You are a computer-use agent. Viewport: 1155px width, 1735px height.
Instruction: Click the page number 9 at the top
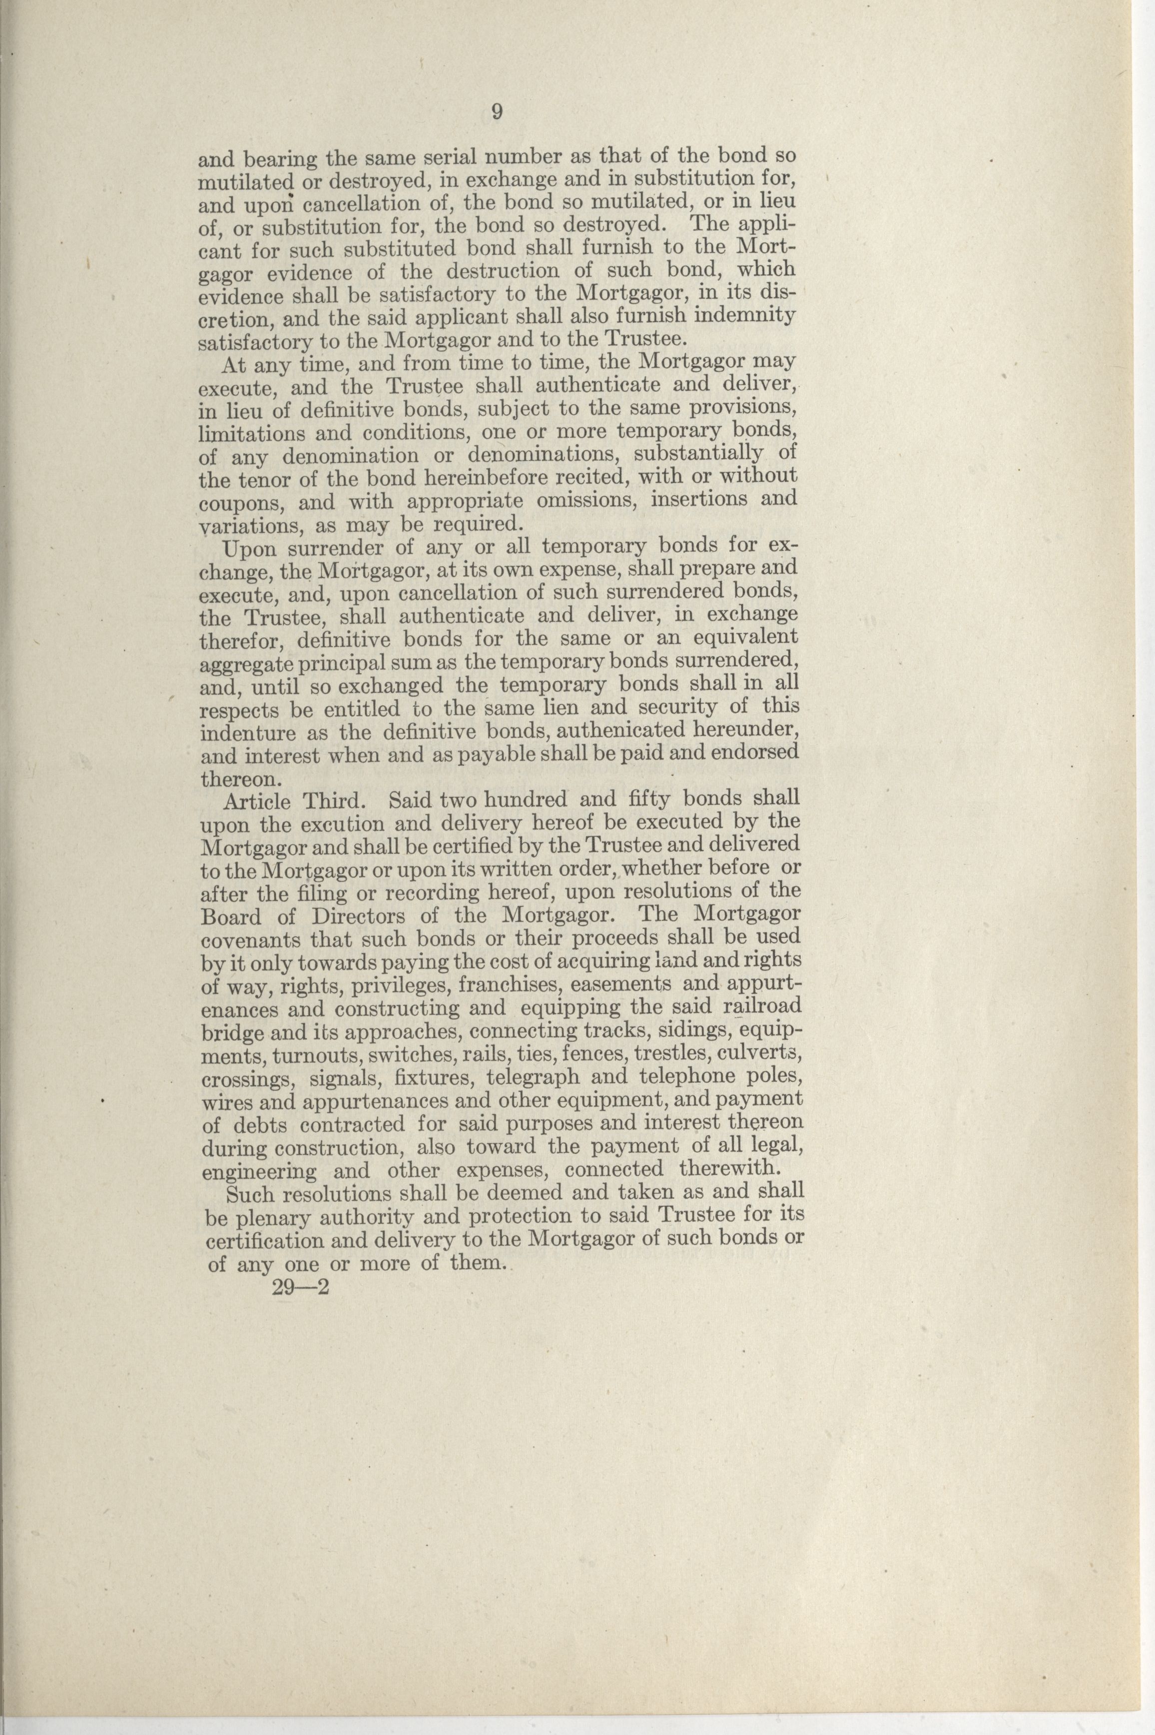[497, 112]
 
